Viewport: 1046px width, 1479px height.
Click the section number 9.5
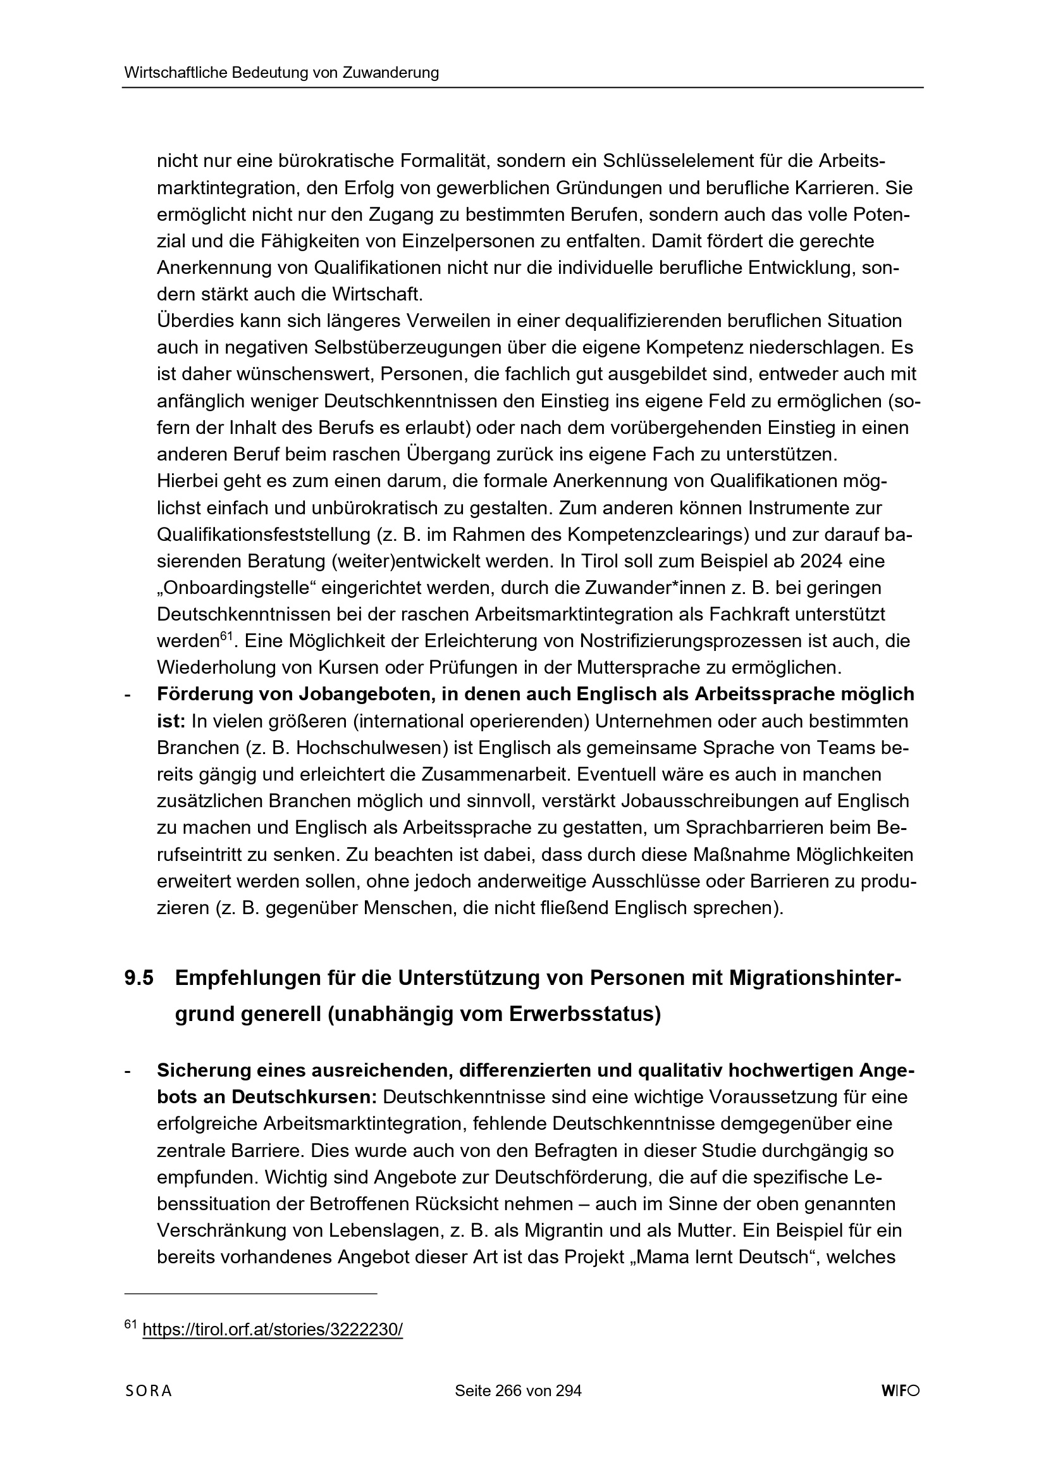(139, 978)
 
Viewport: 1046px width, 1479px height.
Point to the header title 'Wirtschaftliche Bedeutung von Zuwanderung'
(281, 73)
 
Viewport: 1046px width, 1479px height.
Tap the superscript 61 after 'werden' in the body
(225, 636)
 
